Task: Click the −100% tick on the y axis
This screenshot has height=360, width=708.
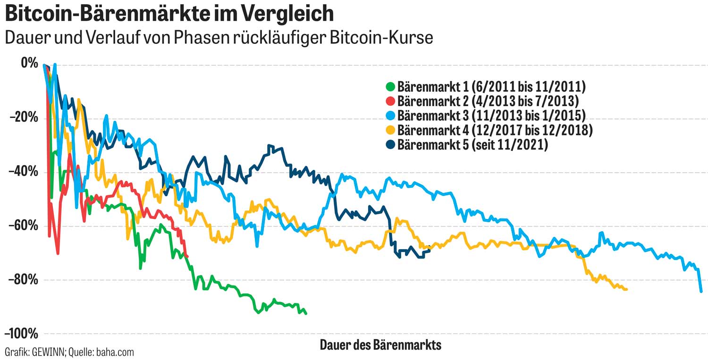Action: coord(21,334)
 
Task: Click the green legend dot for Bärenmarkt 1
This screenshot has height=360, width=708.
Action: coord(390,87)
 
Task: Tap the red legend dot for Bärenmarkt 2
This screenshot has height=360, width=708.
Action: coord(390,101)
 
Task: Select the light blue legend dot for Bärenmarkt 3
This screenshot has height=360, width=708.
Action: coord(390,116)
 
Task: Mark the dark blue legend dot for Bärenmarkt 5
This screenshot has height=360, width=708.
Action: coord(390,145)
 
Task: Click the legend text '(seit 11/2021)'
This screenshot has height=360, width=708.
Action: coord(510,145)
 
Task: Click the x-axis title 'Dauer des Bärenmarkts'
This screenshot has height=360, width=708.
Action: coord(380,345)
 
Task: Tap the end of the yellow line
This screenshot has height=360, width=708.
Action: coord(626,289)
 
